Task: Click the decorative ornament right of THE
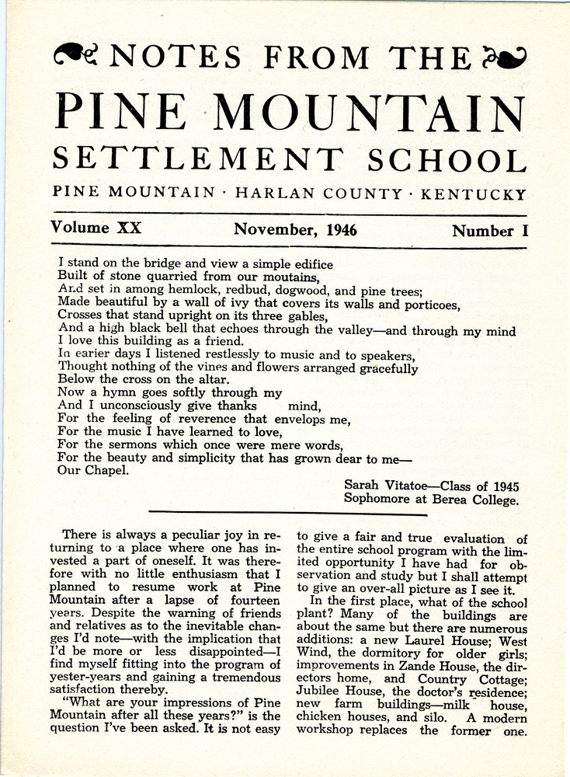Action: coord(504,55)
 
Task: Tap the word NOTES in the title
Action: coord(177,56)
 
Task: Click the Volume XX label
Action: coord(96,229)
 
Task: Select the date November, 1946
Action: coord(295,230)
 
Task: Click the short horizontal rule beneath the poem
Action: coord(287,514)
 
